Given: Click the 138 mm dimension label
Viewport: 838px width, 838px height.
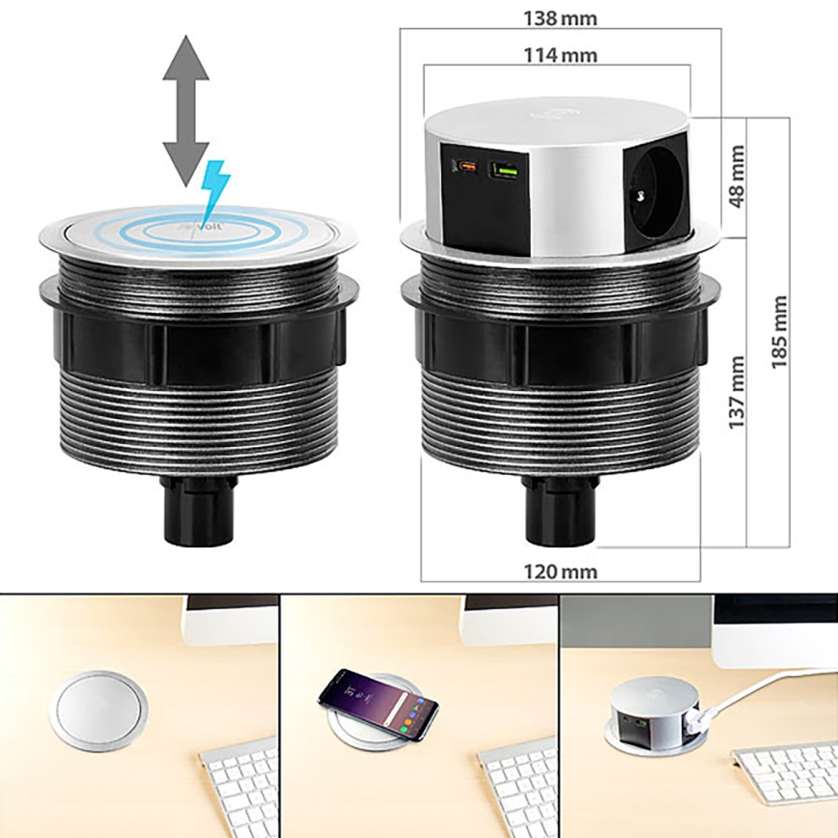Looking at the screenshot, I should click(x=559, y=17).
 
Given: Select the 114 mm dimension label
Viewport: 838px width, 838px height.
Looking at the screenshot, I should click(x=559, y=55).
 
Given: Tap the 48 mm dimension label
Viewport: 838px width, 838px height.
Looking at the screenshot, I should click(x=738, y=177).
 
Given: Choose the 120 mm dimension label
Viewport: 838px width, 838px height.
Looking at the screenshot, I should click(x=559, y=571).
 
